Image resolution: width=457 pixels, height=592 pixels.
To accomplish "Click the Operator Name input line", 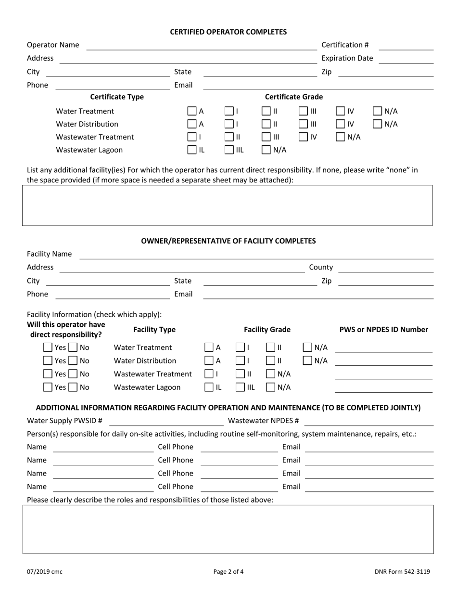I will (201, 45).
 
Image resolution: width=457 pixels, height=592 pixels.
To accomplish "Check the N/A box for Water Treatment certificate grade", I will (378, 112).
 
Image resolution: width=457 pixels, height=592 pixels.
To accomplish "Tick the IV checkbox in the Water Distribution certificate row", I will (340, 124).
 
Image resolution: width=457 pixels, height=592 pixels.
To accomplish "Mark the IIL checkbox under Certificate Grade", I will (229, 150).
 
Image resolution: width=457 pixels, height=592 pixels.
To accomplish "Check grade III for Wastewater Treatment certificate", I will (267, 137).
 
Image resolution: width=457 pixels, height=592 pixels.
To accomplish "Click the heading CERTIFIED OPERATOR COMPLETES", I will (228, 32).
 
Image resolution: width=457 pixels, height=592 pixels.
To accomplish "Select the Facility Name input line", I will (256, 254).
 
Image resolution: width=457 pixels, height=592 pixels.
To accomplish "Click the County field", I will (386, 268).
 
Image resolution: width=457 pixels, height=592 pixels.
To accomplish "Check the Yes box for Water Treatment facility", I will (48, 347).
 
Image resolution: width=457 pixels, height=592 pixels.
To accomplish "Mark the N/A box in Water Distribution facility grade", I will (308, 361).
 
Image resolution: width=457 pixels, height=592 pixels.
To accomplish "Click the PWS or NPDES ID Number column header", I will (383, 330).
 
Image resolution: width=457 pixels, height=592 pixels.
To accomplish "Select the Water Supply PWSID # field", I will (166, 422).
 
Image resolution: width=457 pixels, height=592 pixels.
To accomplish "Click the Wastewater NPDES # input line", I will (369, 422).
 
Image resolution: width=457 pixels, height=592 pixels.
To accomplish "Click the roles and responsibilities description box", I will (228, 529).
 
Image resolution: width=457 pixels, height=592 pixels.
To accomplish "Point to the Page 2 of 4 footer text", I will (228, 572).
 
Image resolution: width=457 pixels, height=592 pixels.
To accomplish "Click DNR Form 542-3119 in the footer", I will (402, 572).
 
